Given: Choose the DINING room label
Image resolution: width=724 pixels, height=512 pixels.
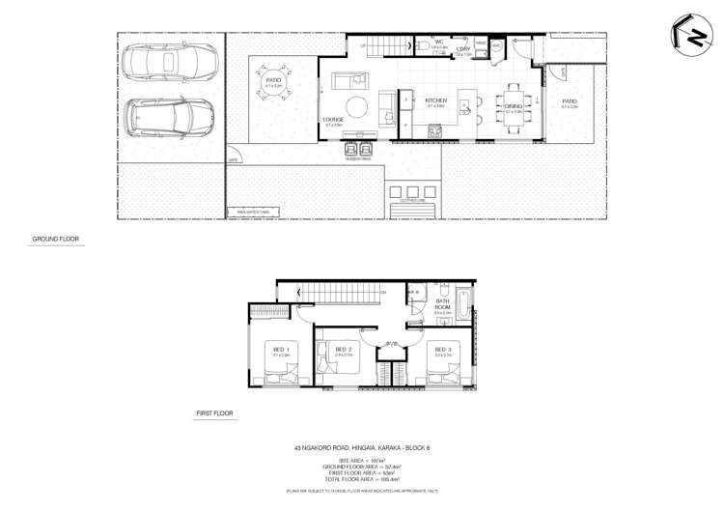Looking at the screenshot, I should [513, 106].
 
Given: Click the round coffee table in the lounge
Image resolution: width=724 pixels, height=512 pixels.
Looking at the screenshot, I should [357, 105].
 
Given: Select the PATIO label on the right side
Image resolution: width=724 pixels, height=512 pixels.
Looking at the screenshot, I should [570, 100].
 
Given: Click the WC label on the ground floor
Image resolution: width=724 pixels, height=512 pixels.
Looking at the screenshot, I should [437, 43].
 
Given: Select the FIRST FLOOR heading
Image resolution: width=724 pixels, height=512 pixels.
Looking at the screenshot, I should [213, 413].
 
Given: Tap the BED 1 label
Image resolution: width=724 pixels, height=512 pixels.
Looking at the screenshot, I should [280, 349].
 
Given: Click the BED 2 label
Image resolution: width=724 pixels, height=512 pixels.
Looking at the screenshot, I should [341, 349].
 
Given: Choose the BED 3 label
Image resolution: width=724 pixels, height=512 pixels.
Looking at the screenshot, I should [442, 349].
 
